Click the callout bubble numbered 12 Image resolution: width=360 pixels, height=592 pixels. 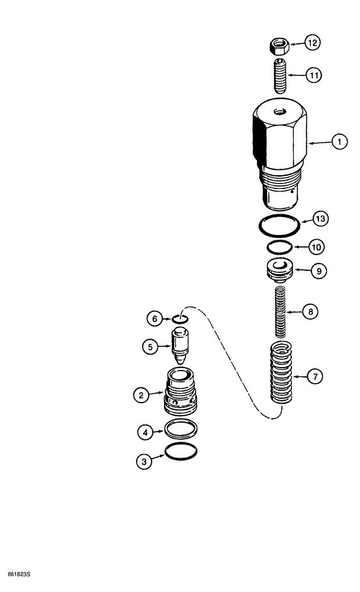tap(312, 43)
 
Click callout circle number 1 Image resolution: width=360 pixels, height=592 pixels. tap(339, 142)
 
